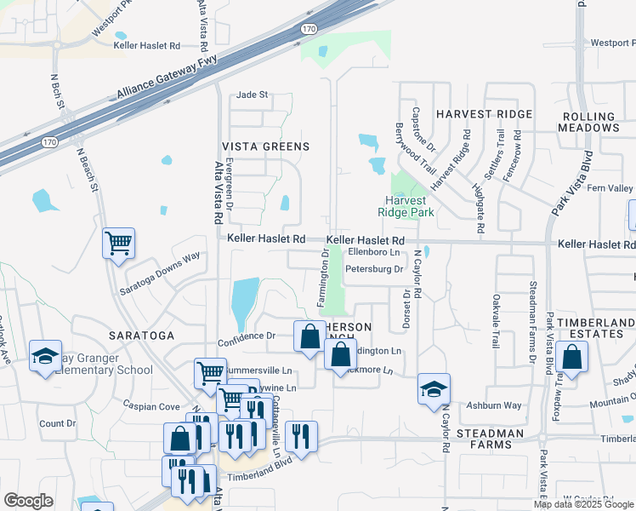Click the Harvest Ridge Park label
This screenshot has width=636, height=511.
pyautogui.click(x=406, y=206)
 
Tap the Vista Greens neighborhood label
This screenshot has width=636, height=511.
pyautogui.click(x=265, y=146)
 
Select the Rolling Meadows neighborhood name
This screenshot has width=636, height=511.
pyautogui.click(x=589, y=122)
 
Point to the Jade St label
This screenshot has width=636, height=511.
pyautogui.click(x=252, y=95)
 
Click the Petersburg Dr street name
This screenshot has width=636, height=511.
pyautogui.click(x=373, y=269)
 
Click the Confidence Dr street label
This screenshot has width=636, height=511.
pyautogui.click(x=247, y=336)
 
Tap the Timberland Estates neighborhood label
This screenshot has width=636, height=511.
pyautogui.click(x=591, y=328)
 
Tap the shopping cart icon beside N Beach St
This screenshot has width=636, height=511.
pyautogui.click(x=118, y=243)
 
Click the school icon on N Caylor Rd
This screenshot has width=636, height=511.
pyautogui.click(x=434, y=389)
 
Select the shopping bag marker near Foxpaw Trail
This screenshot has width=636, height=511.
pyautogui.click(x=573, y=359)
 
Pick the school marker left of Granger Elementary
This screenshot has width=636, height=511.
pyautogui.click(x=45, y=357)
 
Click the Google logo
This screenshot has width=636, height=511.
pyautogui.click(x=28, y=501)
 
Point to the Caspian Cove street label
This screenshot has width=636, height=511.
pyautogui.click(x=151, y=406)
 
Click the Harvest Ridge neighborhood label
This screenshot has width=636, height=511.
pyautogui.click(x=484, y=113)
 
